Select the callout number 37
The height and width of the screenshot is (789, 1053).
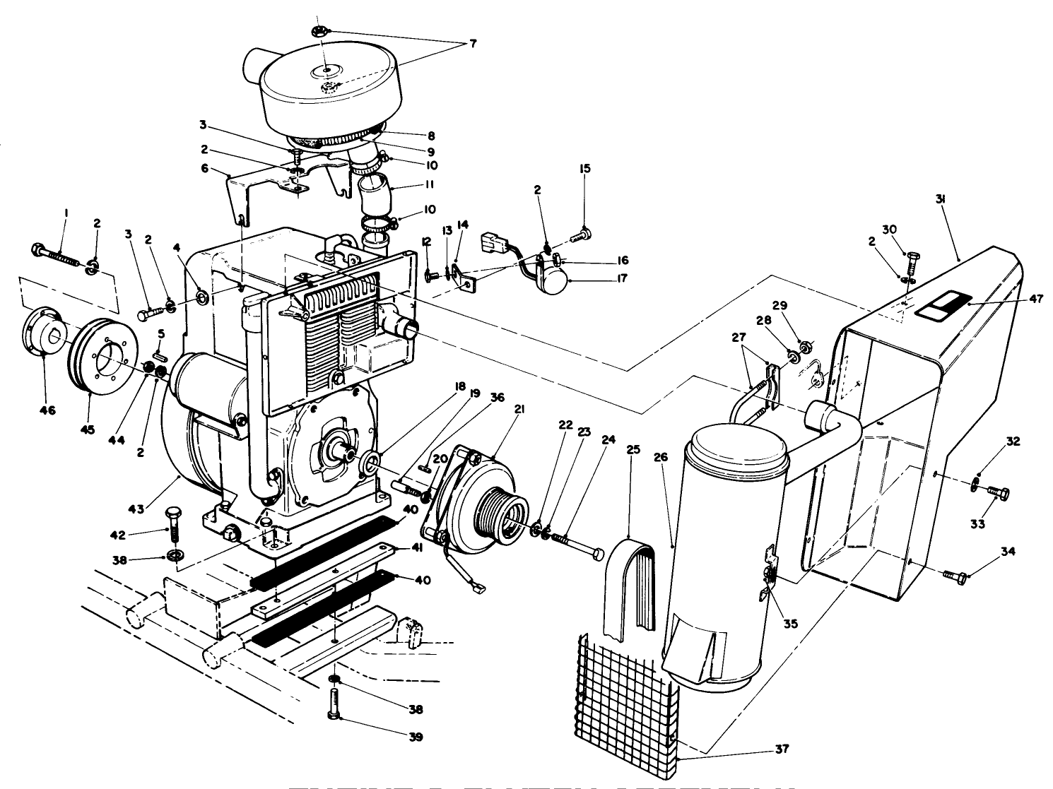click(782, 749)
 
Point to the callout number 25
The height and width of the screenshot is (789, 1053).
click(633, 449)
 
